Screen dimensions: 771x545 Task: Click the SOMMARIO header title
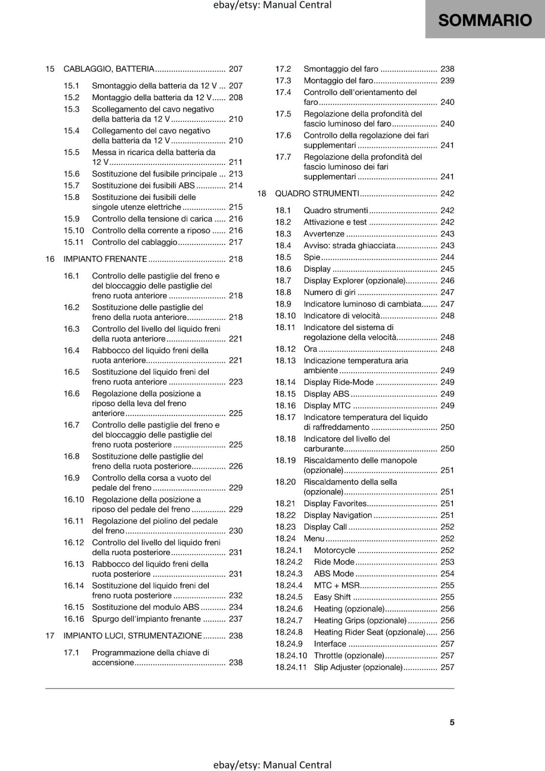coord(485,20)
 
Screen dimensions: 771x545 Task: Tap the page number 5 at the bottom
coord(452,722)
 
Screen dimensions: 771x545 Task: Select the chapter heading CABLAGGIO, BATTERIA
coord(109,69)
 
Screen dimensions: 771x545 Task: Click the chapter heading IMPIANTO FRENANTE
coord(105,259)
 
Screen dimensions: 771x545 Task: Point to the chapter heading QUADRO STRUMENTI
coord(317,193)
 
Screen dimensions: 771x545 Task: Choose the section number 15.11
coord(74,242)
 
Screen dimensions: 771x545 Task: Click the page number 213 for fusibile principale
coord(236,173)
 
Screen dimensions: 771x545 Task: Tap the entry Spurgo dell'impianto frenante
coord(146,619)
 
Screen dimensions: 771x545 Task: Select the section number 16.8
coord(71,456)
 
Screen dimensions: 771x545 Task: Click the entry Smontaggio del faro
coord(341,69)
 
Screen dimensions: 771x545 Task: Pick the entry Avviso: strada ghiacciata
coord(349,245)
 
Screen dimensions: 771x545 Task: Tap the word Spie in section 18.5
coord(312,257)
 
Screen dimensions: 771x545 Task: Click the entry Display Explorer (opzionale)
coord(354,280)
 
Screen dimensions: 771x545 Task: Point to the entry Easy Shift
coord(332,597)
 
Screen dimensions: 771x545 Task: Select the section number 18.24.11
coord(291,667)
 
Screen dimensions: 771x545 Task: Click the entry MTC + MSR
coord(337,585)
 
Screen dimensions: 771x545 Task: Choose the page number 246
coord(447,280)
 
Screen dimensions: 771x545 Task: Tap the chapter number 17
coord(50,636)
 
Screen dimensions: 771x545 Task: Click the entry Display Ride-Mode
coord(339,382)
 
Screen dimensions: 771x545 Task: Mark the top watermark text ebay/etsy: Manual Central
coord(272,5)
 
